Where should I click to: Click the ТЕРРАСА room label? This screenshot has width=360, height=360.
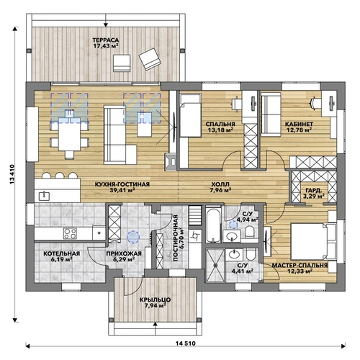[x=106, y=40]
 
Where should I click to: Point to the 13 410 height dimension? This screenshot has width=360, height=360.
[x=12, y=174]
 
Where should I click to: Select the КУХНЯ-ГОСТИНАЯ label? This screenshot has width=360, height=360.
[x=122, y=184]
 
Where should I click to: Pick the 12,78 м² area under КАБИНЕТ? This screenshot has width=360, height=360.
[x=300, y=130]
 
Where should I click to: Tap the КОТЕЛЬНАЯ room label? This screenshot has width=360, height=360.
[x=62, y=253]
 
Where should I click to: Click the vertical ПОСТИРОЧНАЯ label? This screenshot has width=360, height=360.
[x=176, y=238]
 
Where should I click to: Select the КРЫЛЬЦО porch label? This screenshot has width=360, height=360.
[x=156, y=300]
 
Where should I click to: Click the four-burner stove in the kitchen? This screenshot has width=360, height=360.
[x=70, y=233]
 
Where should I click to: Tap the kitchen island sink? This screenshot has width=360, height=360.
[x=44, y=196]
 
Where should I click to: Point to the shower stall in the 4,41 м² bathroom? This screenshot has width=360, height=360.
[x=215, y=266]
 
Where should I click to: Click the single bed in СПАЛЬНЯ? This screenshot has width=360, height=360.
[x=191, y=115]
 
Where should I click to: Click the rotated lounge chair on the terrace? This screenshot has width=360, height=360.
[x=149, y=59]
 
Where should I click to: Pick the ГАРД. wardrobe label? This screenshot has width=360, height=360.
[x=314, y=190]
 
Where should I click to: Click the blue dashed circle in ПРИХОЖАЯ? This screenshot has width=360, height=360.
[x=133, y=237]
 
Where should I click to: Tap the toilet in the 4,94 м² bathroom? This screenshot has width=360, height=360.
[x=250, y=232]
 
